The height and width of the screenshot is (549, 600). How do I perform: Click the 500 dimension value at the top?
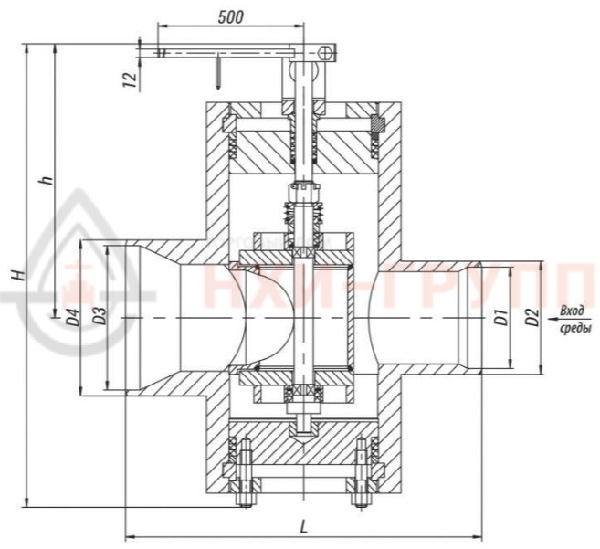(x=230, y=17)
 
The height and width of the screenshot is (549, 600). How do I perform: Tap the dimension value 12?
(x=131, y=79)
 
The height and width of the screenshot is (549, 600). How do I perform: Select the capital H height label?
(x=17, y=274)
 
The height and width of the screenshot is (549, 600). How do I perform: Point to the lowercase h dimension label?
(x=47, y=180)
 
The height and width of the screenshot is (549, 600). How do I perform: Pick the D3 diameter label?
(x=100, y=316)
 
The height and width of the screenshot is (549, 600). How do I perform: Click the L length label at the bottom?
(x=303, y=528)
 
